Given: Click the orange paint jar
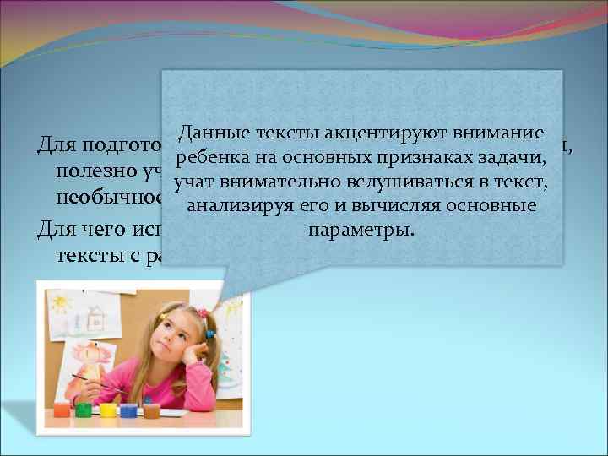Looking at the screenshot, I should pyautogui.click(x=62, y=410).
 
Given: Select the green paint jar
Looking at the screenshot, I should pyautogui.click(x=84, y=410).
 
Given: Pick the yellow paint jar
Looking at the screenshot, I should pyautogui.click(x=107, y=410).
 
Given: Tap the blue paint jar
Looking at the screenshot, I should pyautogui.click(x=128, y=410).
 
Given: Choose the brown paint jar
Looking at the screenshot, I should pyautogui.click(x=151, y=410).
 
